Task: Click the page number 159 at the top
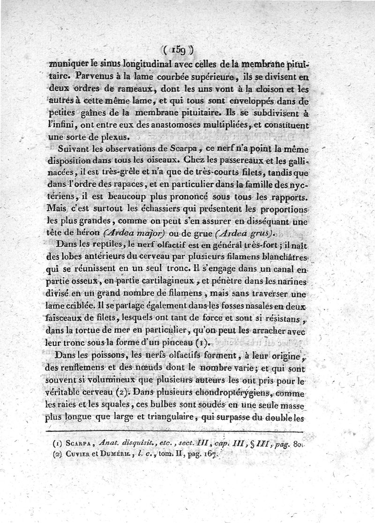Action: (x=180, y=48)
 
